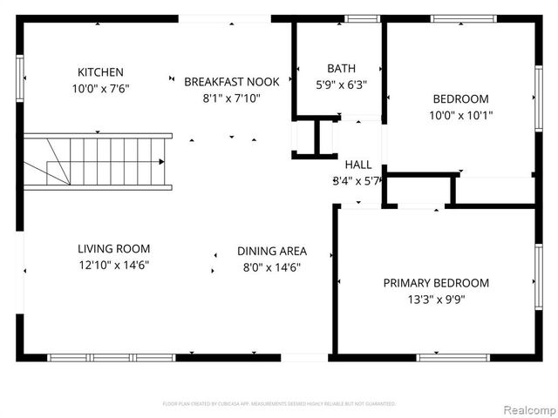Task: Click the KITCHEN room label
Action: coord(100,72)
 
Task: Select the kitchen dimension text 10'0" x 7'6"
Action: coord(100,89)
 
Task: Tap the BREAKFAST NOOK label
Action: coord(232,82)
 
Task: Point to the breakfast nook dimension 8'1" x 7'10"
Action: coord(232,98)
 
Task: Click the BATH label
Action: coord(341,69)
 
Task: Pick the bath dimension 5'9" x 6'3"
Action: coord(341,85)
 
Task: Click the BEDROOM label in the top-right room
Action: coord(459,99)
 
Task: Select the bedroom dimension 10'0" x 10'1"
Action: coord(459,116)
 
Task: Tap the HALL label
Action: coord(358,165)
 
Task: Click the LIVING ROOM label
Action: coord(113,248)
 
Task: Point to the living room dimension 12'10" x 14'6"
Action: coord(113,265)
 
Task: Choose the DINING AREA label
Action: coord(272,252)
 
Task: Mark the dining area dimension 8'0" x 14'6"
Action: coord(272,268)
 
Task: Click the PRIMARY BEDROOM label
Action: coord(436,283)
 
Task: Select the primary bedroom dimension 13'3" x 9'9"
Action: coord(436,300)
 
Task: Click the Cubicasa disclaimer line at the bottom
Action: coord(279,404)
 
